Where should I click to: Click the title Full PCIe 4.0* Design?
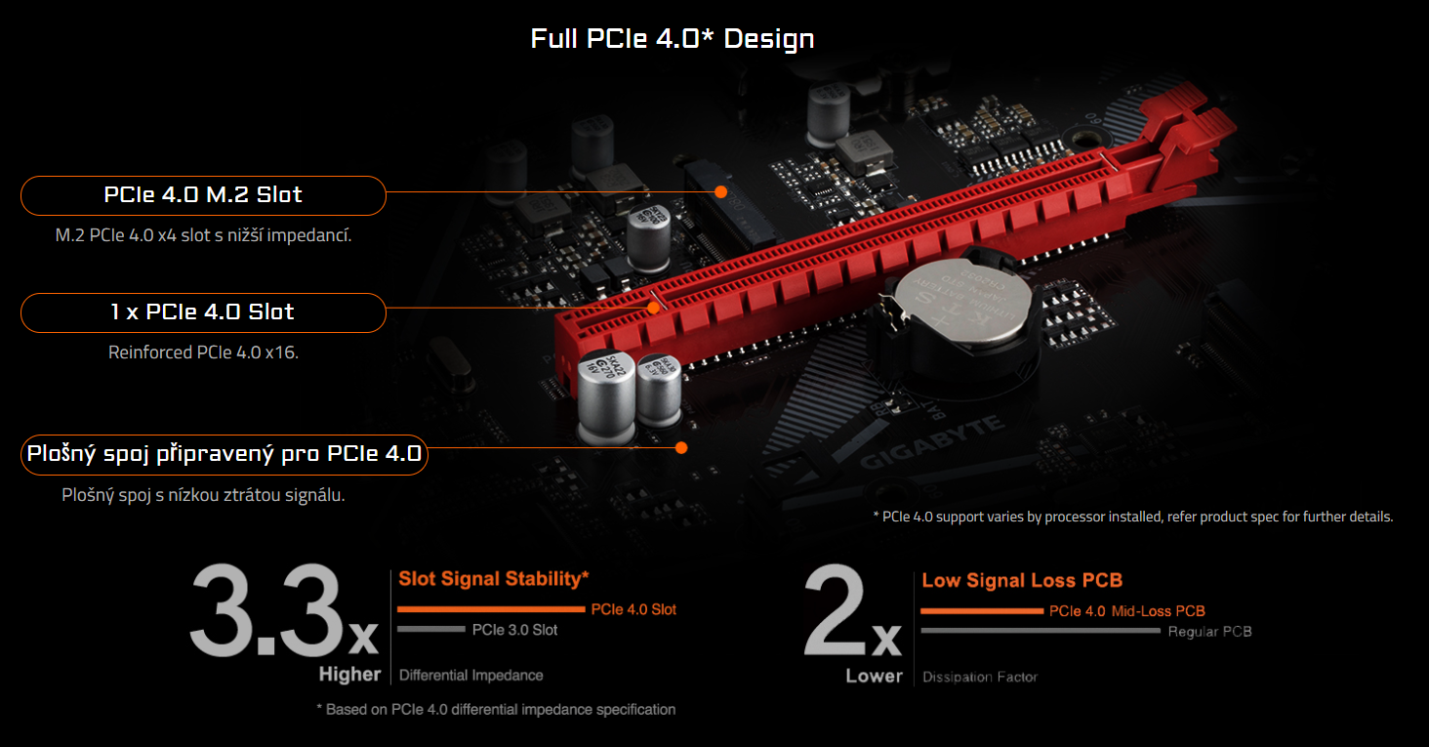point(672,39)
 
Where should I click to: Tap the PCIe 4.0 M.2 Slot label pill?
point(203,195)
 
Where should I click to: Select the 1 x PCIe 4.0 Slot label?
point(203,312)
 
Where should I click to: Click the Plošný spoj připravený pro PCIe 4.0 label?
point(224,455)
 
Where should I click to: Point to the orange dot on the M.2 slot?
point(720,191)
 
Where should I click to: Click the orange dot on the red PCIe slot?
point(654,308)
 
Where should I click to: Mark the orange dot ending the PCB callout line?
point(681,448)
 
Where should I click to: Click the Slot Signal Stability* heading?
point(493,579)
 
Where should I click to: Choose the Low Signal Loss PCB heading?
point(1022,581)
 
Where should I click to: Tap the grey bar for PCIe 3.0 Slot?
point(430,630)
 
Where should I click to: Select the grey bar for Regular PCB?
point(1041,631)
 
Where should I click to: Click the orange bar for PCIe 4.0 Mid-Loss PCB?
point(981,611)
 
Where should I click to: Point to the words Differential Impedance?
point(470,675)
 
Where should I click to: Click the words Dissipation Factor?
point(979,677)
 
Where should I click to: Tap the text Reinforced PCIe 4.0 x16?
point(203,353)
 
